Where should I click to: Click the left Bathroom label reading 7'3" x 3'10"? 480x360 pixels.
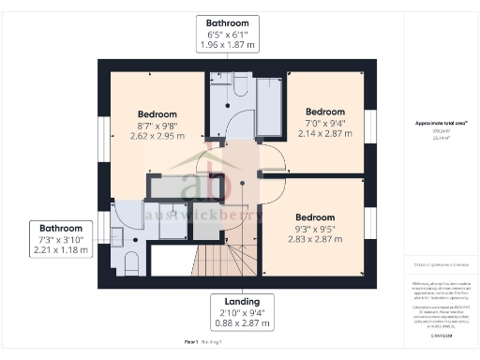coord(61,240)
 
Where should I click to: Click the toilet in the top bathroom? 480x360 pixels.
coord(236,87)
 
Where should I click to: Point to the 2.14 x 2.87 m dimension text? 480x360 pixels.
coord(325,134)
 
